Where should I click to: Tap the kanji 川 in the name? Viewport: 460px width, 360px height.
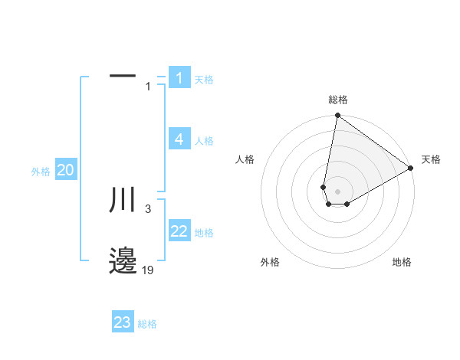pos(123,200)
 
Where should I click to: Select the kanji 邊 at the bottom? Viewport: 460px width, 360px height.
pos(123,260)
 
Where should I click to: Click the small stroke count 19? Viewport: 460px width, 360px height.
pos(147,270)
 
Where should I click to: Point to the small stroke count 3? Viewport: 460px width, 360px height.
pos(148,208)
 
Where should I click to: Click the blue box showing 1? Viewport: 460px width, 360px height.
pos(179,78)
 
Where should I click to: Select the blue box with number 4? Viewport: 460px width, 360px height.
pos(179,139)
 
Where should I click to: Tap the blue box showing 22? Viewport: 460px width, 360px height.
pos(179,231)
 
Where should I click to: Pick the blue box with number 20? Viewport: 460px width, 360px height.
pos(66,170)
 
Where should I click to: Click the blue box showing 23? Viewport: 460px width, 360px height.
pos(123,322)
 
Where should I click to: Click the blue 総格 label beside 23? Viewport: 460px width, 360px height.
pos(147,324)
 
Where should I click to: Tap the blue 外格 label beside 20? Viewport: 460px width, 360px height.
pos(41,172)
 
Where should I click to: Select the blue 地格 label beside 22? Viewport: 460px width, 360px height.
pos(204,233)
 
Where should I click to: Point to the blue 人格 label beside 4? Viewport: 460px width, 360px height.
pos(204,141)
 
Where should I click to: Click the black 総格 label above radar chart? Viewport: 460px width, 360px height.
pos(338,100)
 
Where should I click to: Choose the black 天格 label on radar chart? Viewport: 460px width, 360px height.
pos(431,159)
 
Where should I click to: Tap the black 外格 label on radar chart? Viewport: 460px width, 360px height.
pos(270,262)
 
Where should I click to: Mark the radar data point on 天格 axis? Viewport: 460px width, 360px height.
pos(411,169)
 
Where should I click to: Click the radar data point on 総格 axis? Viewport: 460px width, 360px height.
pos(337,116)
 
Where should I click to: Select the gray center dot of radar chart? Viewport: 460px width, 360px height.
pos(337,191)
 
